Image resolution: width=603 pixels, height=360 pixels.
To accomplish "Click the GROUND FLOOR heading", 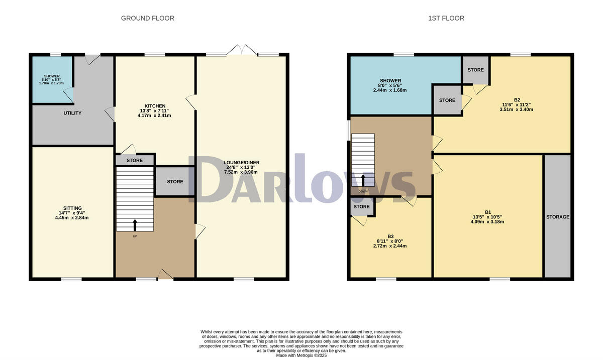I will (x=147, y=19).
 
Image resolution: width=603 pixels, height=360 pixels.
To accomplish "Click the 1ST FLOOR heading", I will (x=446, y=19).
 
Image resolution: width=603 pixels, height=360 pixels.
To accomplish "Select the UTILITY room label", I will (x=73, y=113).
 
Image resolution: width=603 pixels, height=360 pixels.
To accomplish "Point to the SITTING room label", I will (x=72, y=208).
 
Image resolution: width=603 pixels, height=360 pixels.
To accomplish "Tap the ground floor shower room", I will (x=52, y=80).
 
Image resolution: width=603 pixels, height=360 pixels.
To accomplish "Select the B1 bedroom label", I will (x=487, y=211).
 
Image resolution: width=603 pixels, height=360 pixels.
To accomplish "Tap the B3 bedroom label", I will (x=390, y=236).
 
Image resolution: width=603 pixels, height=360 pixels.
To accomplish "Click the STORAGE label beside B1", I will (x=558, y=217).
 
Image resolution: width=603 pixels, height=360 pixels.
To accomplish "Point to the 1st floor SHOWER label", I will (x=390, y=81).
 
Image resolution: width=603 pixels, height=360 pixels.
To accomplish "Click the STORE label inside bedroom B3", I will (x=361, y=206).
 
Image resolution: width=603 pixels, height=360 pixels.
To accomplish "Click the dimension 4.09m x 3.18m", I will (x=487, y=222).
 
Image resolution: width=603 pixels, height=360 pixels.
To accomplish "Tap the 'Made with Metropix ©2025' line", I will (x=301, y=355).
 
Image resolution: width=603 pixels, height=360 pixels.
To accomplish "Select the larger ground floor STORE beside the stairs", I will (x=175, y=181).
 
